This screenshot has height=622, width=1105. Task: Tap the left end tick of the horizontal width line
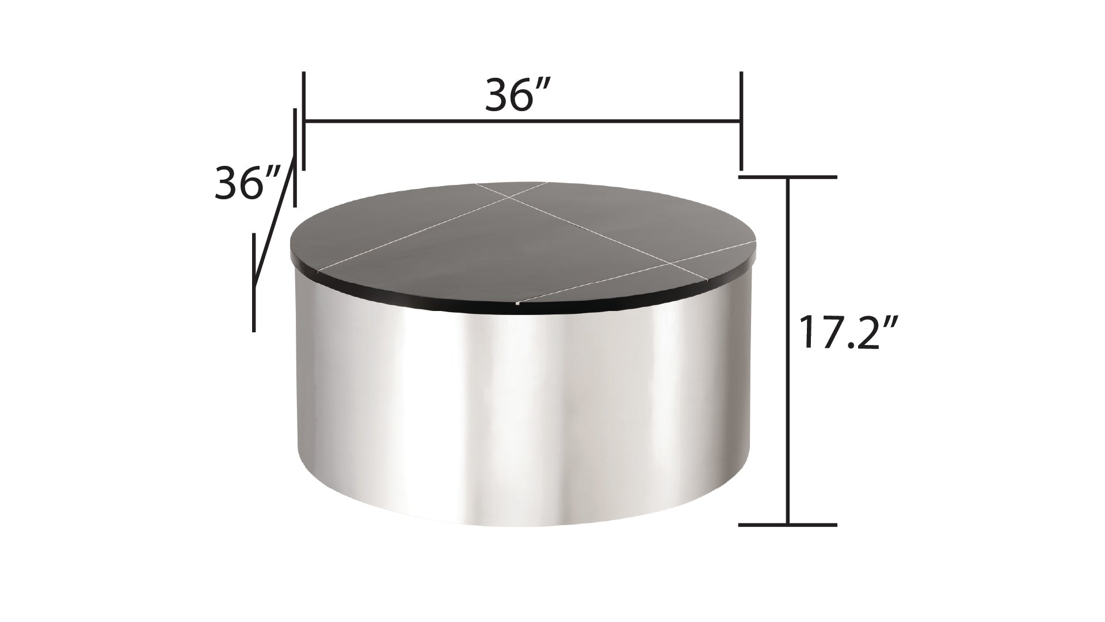pos(303,121)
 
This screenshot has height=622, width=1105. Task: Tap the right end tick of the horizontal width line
pos(741,121)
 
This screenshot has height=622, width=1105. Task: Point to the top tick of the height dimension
pos(787,177)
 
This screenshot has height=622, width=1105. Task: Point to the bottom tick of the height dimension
pos(787,525)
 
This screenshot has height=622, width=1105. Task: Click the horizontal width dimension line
pos(521,121)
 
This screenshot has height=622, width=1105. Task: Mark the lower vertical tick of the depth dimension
pos(253,282)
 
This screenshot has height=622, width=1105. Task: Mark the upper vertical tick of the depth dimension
pos(295,157)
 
